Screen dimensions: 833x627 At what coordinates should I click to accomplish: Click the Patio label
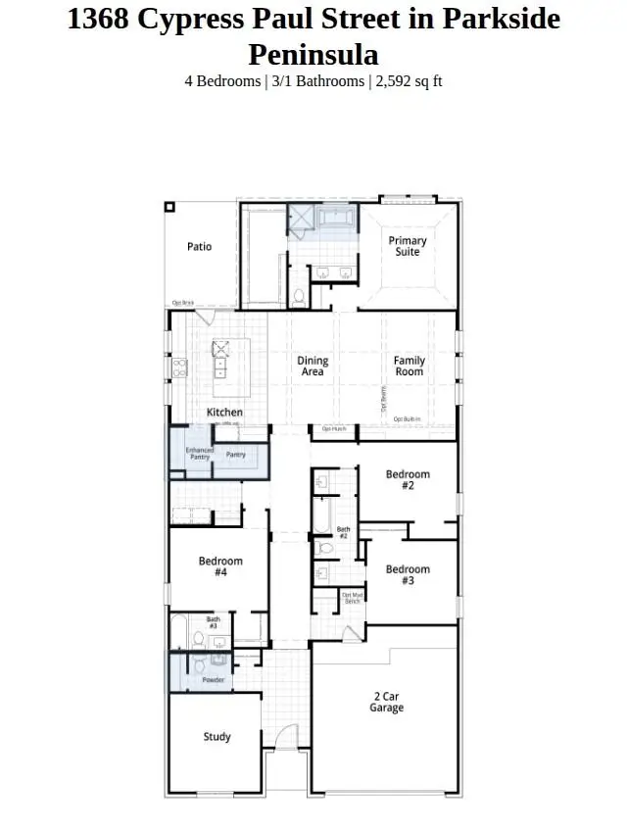[x=199, y=247]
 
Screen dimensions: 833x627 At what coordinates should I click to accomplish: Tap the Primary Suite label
[x=408, y=246]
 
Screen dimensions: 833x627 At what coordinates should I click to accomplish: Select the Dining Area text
[x=313, y=367]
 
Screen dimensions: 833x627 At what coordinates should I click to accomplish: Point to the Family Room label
[x=410, y=367]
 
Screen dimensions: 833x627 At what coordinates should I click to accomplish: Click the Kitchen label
[x=224, y=413]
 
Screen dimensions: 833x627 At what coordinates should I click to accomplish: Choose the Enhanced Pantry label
[x=200, y=455]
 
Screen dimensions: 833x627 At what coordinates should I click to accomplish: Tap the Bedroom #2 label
[x=408, y=480]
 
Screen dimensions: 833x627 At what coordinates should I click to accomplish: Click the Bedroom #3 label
[x=408, y=575]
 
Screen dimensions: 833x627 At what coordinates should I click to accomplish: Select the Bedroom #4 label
[x=220, y=567]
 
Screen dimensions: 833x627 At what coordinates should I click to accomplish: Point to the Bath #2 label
[x=343, y=533]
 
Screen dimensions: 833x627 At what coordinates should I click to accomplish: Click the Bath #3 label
[x=213, y=622]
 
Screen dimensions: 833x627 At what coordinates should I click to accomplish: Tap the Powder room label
[x=213, y=679]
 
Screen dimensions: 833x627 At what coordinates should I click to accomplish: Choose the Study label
[x=217, y=737]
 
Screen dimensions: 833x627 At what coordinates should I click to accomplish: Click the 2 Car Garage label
[x=386, y=702]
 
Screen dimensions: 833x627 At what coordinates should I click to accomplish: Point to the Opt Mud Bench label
[x=352, y=598]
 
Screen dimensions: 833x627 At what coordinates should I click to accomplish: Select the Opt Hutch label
[x=334, y=429]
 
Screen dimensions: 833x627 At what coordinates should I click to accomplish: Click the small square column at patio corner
[x=169, y=207]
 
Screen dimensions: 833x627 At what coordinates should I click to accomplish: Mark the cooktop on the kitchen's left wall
[x=180, y=368]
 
